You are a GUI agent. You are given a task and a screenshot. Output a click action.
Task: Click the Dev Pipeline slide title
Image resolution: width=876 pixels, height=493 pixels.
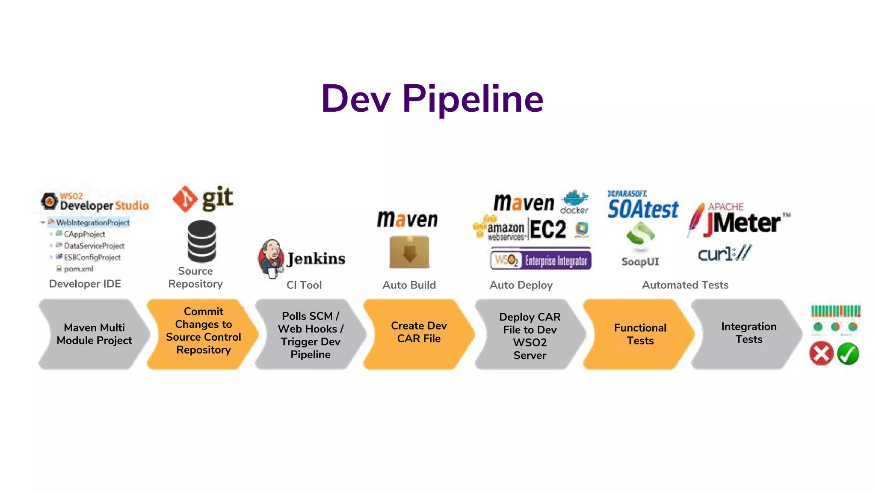click(432, 99)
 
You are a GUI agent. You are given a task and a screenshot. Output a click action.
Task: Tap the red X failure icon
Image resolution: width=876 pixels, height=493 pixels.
click(821, 353)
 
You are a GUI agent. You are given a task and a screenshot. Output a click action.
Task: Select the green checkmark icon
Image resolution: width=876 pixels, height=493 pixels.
click(848, 353)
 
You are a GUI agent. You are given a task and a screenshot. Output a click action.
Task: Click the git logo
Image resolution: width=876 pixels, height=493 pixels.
click(203, 199)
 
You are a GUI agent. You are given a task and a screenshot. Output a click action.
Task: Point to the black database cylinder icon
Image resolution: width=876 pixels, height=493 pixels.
click(201, 241)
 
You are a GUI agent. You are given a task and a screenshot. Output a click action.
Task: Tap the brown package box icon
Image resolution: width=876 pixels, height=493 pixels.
click(409, 252)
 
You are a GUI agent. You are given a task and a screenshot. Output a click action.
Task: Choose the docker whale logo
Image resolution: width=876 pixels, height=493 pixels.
click(574, 202)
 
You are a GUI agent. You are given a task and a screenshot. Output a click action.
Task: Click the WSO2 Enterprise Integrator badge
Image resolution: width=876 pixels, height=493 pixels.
click(541, 260)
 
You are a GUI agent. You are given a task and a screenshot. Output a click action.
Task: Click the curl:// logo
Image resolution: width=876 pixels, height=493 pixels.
click(724, 253)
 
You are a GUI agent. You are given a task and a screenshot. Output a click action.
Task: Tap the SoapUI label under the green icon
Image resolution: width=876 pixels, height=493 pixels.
click(640, 261)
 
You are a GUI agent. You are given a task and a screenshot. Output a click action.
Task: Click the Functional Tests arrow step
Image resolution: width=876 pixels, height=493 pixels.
click(640, 334)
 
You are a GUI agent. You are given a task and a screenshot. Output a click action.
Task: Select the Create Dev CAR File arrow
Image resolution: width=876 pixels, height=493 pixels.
click(418, 333)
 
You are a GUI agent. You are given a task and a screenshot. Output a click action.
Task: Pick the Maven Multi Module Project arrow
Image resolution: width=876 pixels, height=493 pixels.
click(94, 334)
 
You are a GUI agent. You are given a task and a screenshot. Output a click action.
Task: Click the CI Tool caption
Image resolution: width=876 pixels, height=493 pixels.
click(304, 285)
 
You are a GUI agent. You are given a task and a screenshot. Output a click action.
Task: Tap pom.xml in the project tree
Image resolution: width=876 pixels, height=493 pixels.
click(78, 269)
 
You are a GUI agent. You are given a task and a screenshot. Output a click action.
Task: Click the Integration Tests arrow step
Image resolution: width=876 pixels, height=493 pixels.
click(748, 333)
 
